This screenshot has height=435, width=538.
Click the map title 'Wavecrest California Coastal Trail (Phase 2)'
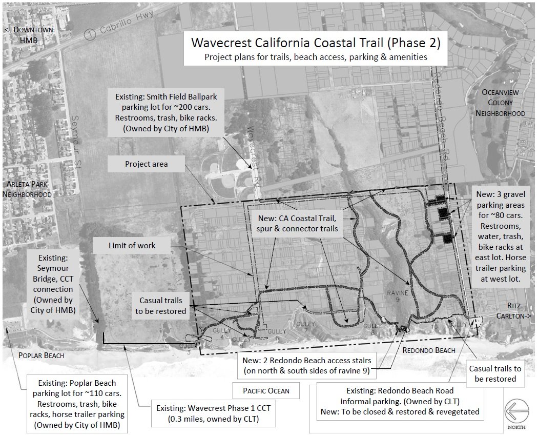coord(315,42)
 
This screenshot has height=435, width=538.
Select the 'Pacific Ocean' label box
coord(266,390)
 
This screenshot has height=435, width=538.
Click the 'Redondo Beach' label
coord(428,350)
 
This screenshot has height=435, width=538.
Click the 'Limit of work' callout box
coord(132,245)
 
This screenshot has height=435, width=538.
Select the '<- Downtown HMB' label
coord(29,35)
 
